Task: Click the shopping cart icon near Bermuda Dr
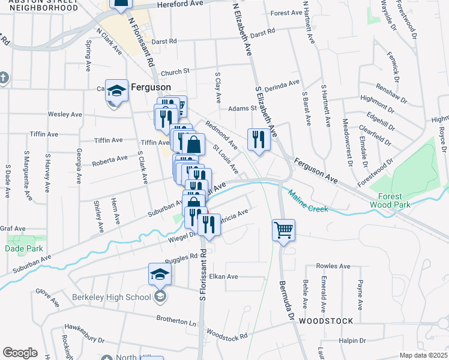283,229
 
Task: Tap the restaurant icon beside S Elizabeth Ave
259,139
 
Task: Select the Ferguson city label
148,86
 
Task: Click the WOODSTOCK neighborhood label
327,320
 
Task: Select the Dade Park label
21,248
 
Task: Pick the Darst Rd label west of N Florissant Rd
164,41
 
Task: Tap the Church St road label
175,70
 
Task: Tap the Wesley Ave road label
65,114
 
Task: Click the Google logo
20,353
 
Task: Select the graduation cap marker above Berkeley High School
160,275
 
